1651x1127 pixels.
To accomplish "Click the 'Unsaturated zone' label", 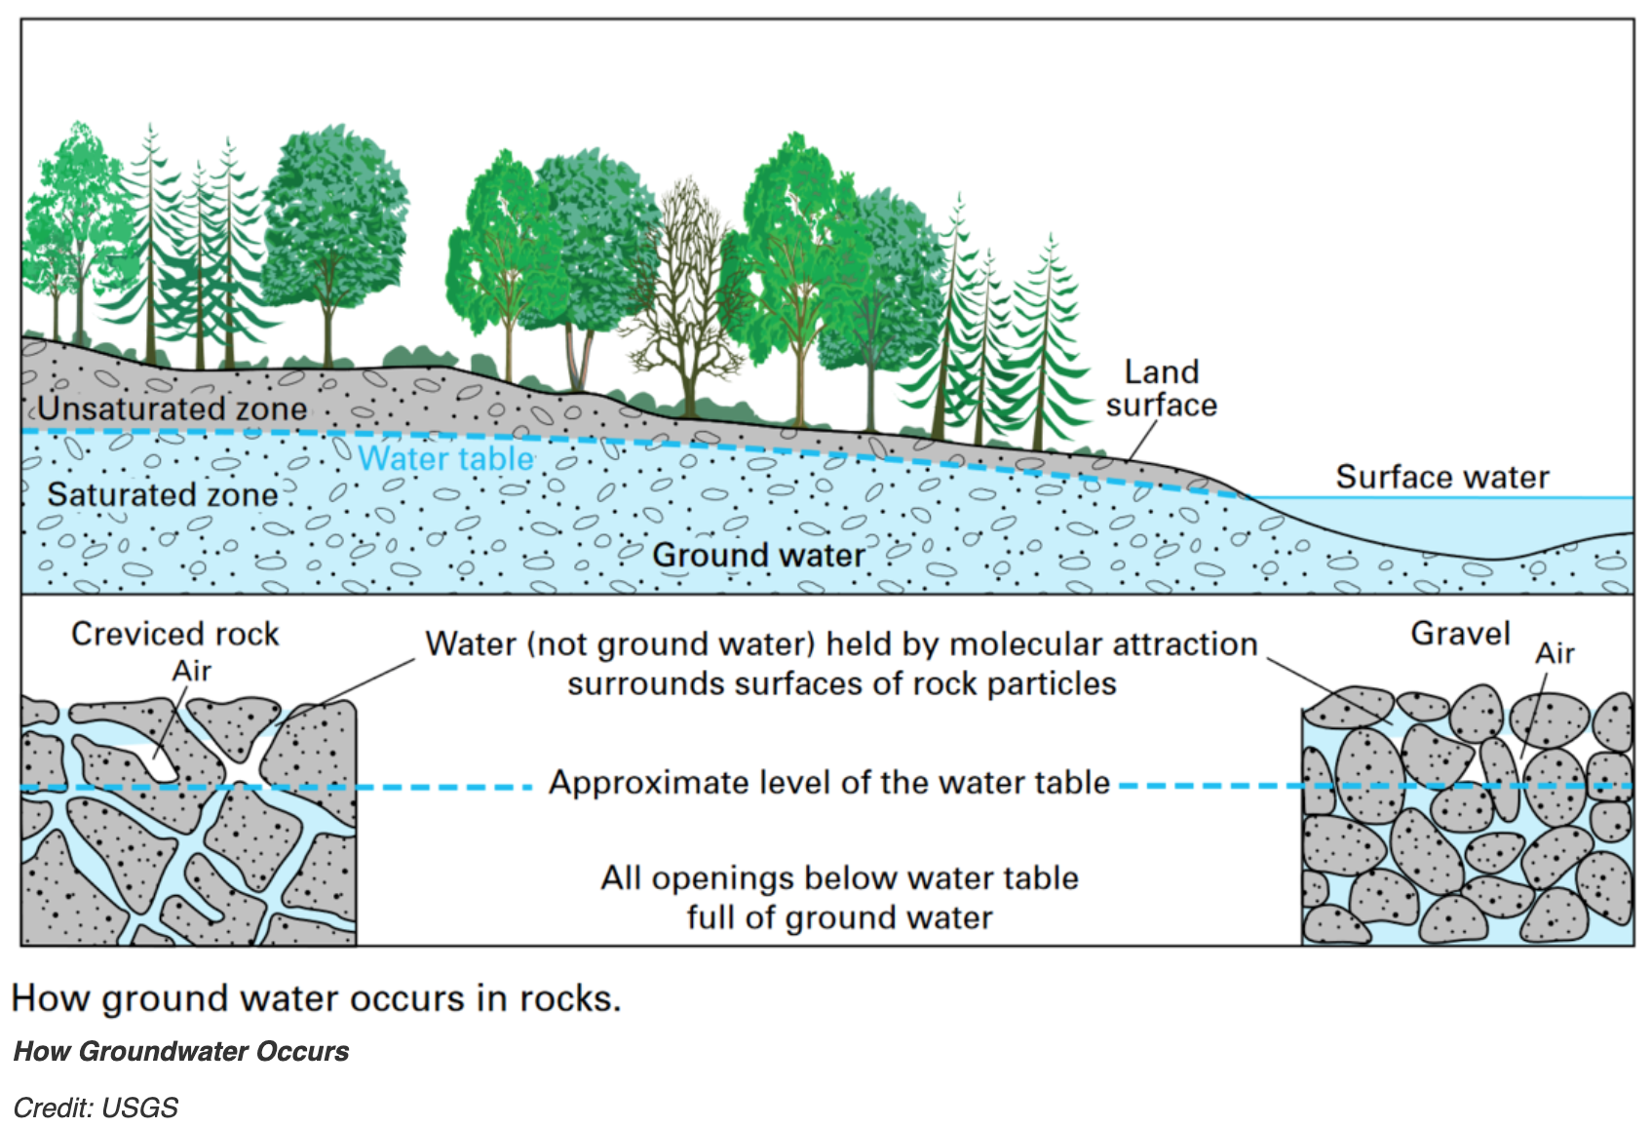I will click(x=173, y=408).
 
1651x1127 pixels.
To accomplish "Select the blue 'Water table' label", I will click(x=446, y=458).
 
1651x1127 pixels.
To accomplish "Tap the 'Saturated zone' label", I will click(x=163, y=495).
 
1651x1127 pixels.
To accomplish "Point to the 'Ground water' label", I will click(x=758, y=555).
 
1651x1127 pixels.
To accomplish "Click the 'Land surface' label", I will click(x=1161, y=388).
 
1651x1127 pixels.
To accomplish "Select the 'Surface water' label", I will click(x=1441, y=477).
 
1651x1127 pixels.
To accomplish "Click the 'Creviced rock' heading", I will click(x=175, y=634).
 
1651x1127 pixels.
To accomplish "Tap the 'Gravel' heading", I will click(x=1460, y=634).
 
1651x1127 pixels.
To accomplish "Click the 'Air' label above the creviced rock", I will click(x=192, y=671).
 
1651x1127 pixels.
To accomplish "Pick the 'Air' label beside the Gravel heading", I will click(x=1555, y=653).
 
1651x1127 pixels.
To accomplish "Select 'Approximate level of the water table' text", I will click(x=829, y=783).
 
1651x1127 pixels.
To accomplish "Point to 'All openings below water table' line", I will click(x=839, y=877).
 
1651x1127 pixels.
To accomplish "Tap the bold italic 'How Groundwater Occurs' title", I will click(x=181, y=1051).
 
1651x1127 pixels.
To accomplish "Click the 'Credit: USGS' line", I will click(x=96, y=1108).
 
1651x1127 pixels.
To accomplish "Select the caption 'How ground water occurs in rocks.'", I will click(x=316, y=998).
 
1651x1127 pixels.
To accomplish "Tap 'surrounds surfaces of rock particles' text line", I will click(x=841, y=683).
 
